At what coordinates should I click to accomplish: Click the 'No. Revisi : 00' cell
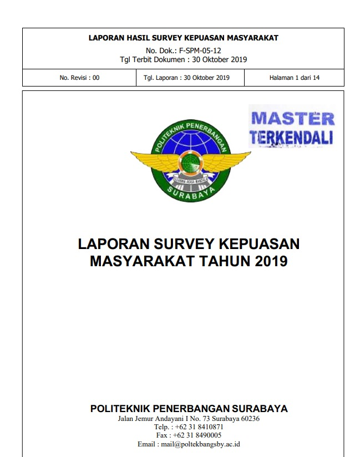pyautogui.click(x=79, y=78)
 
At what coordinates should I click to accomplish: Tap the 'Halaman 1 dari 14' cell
pyautogui.click(x=294, y=78)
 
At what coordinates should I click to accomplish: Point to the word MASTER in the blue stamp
pyautogui.click(x=293, y=119)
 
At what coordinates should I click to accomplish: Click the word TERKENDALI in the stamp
pyautogui.click(x=292, y=137)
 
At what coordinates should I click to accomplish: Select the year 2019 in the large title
pyautogui.click(x=271, y=261)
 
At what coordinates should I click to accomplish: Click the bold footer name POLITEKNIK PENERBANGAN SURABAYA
pyautogui.click(x=189, y=409)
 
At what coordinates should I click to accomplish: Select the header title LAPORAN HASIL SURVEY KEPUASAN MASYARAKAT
pyautogui.click(x=183, y=38)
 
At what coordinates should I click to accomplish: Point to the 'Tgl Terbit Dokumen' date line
pyautogui.click(x=183, y=59)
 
